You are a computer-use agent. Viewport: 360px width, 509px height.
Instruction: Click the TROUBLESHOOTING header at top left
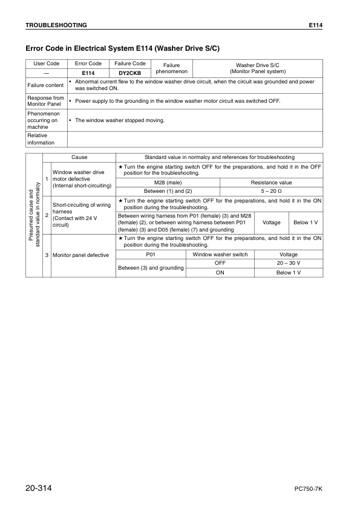pyautogui.click(x=56, y=25)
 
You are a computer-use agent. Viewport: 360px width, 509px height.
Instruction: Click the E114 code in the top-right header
pyautogui.click(x=315, y=25)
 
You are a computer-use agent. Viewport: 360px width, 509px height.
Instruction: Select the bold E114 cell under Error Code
pyautogui.click(x=88, y=73)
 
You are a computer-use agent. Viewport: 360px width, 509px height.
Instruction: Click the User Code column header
pyautogui.click(x=46, y=63)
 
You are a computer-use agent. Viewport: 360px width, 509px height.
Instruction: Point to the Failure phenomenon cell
pyautogui.click(x=172, y=68)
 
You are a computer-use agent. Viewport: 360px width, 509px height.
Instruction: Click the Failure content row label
pyautogui.click(x=45, y=85)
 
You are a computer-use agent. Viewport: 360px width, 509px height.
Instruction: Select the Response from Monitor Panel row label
pyautogui.click(x=45, y=101)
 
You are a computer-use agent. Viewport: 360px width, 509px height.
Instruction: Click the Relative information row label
pyautogui.click(x=41, y=139)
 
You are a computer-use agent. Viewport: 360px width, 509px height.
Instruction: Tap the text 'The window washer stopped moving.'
pyautogui.click(x=119, y=120)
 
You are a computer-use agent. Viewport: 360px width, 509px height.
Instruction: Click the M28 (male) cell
pyautogui.click(x=168, y=182)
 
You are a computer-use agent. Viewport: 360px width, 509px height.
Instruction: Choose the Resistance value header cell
pyautogui.click(x=271, y=182)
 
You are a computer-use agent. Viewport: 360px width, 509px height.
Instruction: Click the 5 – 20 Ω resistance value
pyautogui.click(x=271, y=191)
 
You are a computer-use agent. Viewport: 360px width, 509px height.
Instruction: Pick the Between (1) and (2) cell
pyautogui.click(x=168, y=191)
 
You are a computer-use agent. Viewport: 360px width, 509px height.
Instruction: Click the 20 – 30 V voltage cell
pyautogui.click(x=288, y=264)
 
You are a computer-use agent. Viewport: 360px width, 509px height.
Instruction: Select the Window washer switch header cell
pyautogui.click(x=220, y=254)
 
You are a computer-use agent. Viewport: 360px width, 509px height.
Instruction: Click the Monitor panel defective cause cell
pyautogui.click(x=80, y=255)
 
